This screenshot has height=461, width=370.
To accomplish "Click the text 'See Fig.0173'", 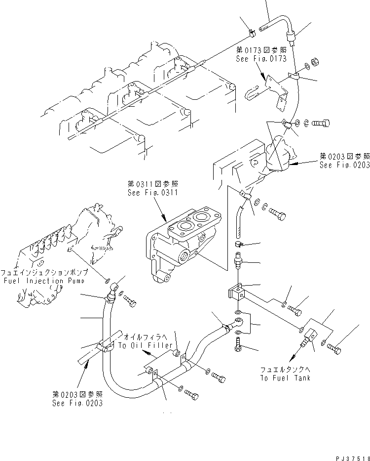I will pyautogui.click(x=261, y=58).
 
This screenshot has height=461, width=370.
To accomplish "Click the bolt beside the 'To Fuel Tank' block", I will pyautogui.click(x=334, y=349).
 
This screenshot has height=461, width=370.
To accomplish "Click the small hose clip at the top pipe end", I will pyautogui.click(x=252, y=33).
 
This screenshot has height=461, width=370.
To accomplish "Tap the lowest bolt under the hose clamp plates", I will pyautogui.click(x=192, y=396).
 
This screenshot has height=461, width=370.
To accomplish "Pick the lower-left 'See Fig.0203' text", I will pyautogui.click(x=77, y=398).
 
